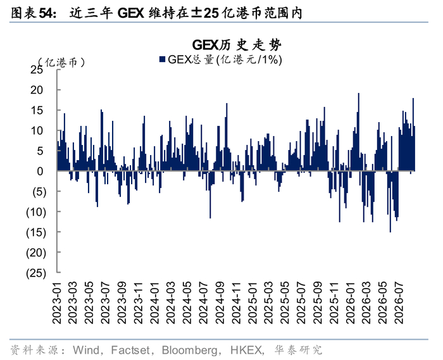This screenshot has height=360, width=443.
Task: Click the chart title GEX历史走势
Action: (237, 45)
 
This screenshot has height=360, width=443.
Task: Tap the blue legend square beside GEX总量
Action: (162, 59)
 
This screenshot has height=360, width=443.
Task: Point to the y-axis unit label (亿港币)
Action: (61, 62)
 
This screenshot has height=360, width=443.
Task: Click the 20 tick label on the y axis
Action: (37, 90)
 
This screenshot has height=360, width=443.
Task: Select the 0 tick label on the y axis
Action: (40, 171)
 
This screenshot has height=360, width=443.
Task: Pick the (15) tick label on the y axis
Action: (36, 232)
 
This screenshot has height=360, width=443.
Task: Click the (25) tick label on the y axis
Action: (36, 273)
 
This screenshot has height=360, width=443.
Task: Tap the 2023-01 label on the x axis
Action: (57, 302)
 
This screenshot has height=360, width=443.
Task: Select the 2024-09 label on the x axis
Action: (220, 302)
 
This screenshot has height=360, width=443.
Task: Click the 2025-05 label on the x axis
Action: (285, 302)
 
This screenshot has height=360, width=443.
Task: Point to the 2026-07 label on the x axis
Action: (399, 302)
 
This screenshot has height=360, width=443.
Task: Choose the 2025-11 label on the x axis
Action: (334, 302)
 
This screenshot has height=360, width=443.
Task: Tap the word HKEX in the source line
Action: (246, 350)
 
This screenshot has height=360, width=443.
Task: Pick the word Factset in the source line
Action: (130, 350)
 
